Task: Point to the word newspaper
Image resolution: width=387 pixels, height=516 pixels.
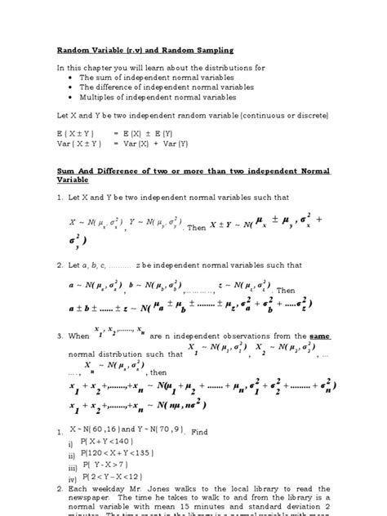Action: (x=103, y=505)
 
